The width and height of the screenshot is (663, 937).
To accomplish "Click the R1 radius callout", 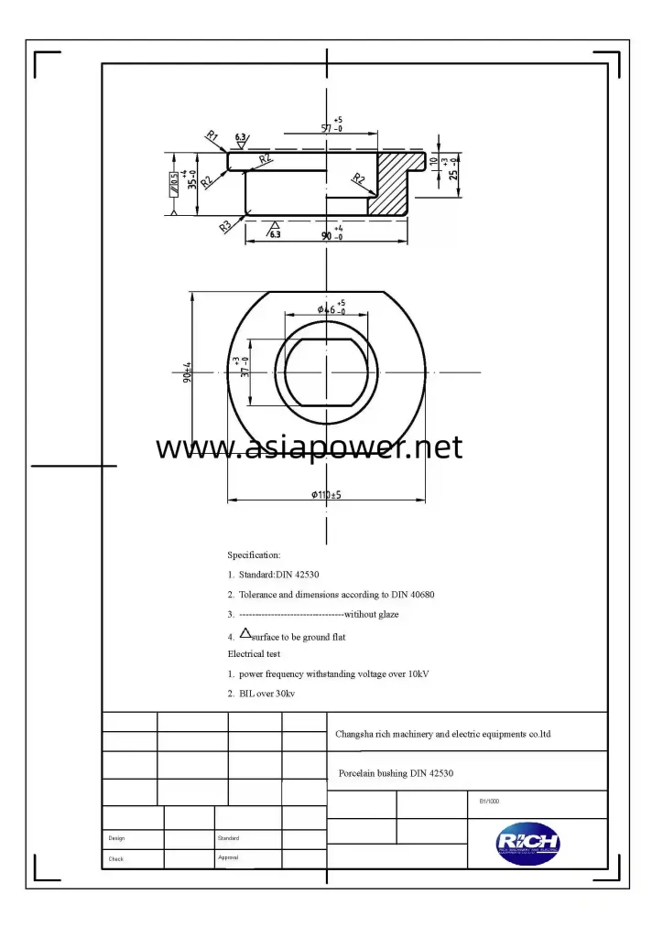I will [x=212, y=136].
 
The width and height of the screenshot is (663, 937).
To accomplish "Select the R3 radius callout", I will [x=225, y=225].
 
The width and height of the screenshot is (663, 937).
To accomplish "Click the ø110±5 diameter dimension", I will [x=326, y=494].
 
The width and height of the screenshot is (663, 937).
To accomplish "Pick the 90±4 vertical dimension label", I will [x=187, y=373].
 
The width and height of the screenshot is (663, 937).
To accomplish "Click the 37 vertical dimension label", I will [x=243, y=367].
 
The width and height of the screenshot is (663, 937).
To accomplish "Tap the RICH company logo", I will [x=528, y=843].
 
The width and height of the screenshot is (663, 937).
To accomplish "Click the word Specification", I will [x=254, y=555].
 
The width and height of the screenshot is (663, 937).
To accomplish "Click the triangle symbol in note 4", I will [x=245, y=632].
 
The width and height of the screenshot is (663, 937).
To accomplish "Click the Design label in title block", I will [x=116, y=838].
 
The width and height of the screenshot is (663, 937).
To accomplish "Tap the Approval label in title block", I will [x=229, y=857].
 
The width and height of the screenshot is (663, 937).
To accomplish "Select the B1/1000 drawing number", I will [x=489, y=801].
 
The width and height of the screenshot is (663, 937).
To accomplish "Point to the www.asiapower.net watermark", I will [x=309, y=447].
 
